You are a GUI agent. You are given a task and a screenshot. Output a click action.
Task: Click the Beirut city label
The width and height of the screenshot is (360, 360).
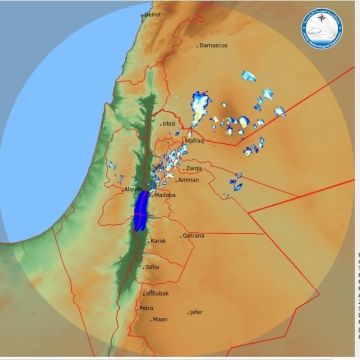[x=153, y=15]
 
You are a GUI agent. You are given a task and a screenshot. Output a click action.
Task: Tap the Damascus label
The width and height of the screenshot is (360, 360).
[x=214, y=45]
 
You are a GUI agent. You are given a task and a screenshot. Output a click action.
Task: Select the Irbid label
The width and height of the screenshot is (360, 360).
[x=169, y=124]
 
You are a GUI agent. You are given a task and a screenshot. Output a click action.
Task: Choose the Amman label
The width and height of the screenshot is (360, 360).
[x=189, y=180]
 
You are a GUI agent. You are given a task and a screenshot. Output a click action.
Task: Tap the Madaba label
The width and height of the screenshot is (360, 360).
[x=165, y=195]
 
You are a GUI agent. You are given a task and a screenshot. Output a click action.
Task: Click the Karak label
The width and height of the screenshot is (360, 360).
[x=158, y=241]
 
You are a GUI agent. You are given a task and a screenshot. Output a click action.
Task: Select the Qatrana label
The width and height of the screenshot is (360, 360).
[x=193, y=236]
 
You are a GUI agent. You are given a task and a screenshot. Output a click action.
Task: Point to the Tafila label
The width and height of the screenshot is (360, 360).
[x=152, y=268]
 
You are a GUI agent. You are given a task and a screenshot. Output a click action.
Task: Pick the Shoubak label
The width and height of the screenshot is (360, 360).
[x=157, y=294]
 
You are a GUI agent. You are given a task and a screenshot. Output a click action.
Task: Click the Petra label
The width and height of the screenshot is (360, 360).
[x=147, y=308]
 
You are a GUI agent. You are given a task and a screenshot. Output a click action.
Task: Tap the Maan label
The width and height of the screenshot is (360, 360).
[x=160, y=319]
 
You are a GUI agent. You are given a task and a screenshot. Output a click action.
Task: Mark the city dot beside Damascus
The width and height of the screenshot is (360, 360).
[x=197, y=45]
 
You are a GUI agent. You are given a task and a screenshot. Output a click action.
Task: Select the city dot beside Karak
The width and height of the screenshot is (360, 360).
[x=148, y=241]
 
